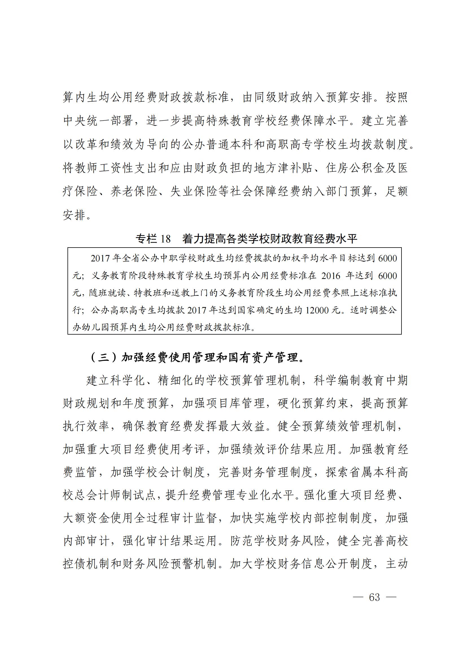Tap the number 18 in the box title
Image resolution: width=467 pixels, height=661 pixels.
click(x=165, y=239)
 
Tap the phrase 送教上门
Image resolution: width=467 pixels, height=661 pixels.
click(x=190, y=293)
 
